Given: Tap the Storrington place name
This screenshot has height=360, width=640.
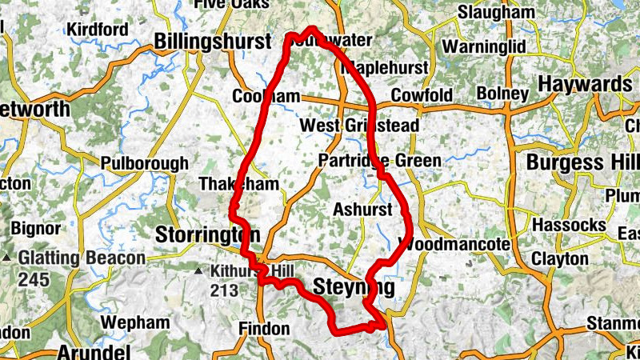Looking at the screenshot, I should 207,235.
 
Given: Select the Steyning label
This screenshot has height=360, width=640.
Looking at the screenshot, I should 354,287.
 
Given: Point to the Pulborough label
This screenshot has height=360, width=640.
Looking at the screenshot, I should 144,163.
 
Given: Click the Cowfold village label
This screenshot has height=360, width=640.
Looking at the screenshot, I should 422,95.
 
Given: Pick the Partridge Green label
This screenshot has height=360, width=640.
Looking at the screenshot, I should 379,161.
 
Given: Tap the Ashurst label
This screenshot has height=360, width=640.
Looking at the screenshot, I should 362,210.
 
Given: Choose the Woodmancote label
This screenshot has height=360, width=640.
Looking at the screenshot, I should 454,244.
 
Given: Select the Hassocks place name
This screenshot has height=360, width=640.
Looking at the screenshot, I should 569,225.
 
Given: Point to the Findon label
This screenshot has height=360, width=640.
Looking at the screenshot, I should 264,329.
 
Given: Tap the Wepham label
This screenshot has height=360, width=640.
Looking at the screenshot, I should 136,323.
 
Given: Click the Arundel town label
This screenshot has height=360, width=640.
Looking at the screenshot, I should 94,352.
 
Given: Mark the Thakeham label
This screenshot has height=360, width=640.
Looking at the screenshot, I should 238,184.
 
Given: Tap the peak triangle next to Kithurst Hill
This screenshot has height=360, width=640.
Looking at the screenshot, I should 199,271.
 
